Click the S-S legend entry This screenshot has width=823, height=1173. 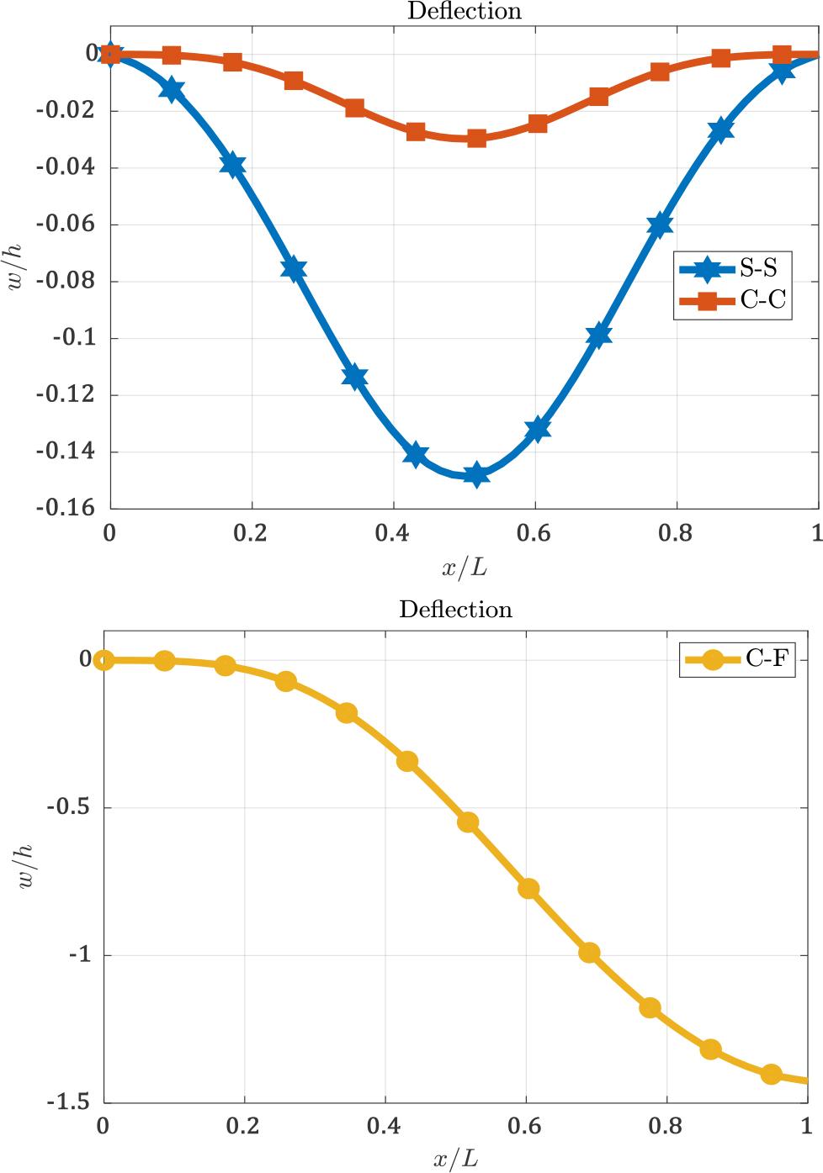731,269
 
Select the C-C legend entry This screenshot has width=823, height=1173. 731,300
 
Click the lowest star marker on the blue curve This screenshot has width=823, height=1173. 476,474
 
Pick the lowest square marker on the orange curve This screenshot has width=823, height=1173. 476,138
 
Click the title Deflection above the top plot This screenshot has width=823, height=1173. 464,11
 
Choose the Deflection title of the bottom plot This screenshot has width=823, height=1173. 455,609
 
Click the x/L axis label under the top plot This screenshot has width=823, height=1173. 464,568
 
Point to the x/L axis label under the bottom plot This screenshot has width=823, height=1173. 455,1160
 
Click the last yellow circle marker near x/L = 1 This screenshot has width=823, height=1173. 772,1074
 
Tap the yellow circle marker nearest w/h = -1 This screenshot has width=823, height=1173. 589,953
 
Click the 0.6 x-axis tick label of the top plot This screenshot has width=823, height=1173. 534,535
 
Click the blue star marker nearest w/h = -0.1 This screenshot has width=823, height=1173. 598,336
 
